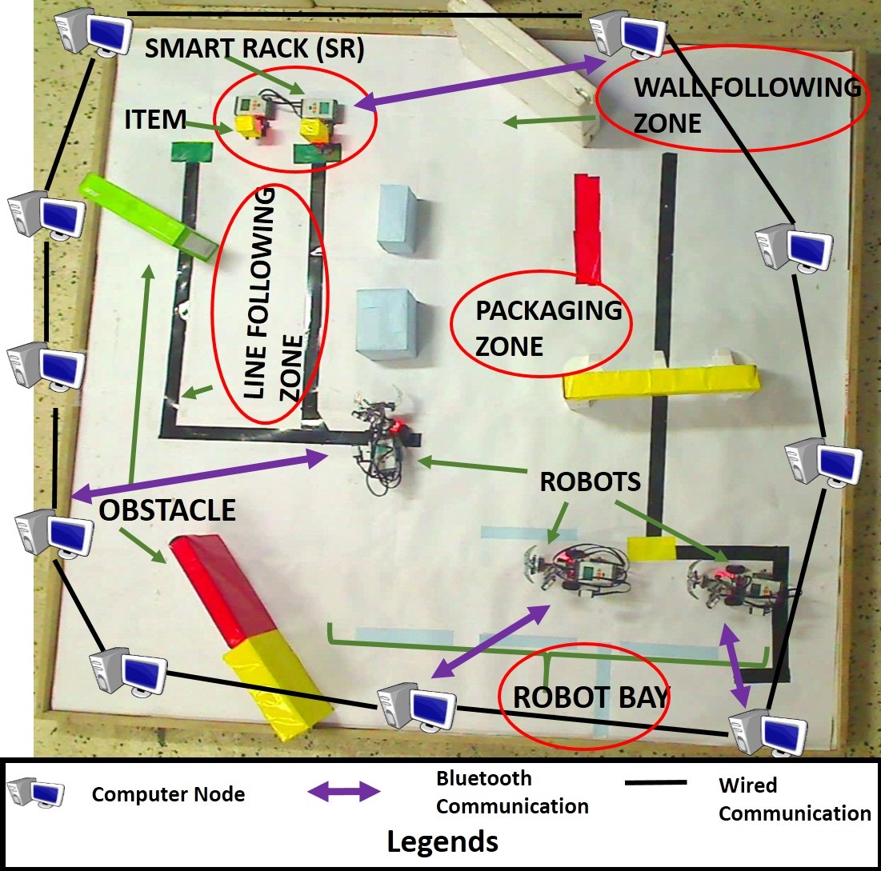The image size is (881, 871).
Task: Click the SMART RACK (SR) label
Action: point(254,50)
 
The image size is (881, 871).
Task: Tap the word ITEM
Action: point(154,120)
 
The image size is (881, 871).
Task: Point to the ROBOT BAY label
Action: point(590,697)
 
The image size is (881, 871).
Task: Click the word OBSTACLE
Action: point(167,509)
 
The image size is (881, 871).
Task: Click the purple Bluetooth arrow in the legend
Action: point(344,792)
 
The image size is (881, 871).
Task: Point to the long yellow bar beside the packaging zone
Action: point(660,382)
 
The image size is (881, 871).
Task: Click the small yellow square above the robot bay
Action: point(651,549)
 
